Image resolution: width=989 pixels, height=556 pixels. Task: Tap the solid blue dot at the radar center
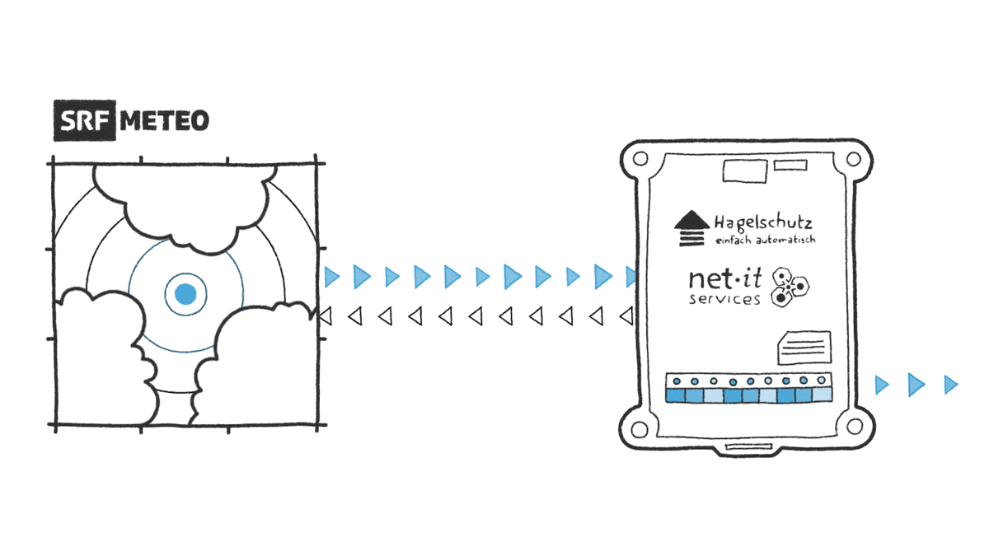coord(185,292)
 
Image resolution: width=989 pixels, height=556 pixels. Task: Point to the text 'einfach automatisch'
coord(764,240)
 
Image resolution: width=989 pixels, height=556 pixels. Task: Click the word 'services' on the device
coord(724,299)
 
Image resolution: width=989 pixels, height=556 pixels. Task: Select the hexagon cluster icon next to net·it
coord(790,289)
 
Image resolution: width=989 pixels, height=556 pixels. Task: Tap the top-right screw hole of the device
coord(855,158)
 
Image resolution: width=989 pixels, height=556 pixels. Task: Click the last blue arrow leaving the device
coord(951,384)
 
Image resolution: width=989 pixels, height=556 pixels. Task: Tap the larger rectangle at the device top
coord(744,171)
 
